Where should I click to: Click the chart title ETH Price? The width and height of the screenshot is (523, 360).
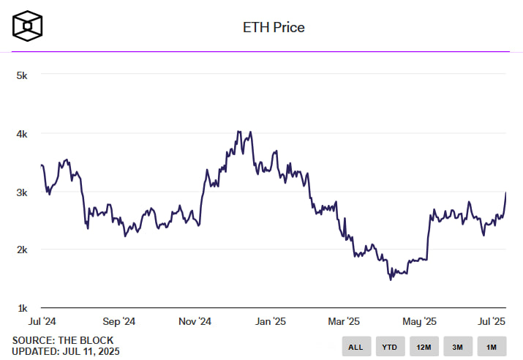coord(274,28)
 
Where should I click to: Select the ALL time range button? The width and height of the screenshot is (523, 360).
coord(356,346)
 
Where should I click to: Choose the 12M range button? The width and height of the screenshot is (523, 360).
coord(424,346)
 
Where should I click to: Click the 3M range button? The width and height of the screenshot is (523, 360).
coord(457,346)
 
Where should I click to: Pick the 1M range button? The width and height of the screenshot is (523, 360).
coord(492,346)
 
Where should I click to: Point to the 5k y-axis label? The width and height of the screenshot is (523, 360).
coord(22,75)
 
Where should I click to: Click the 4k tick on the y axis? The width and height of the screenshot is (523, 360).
coord(22,134)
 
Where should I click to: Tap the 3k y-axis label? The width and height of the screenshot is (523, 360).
coord(22,192)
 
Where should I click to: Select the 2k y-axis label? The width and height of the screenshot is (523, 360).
coord(22,250)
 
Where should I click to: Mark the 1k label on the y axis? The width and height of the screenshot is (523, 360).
coord(22,308)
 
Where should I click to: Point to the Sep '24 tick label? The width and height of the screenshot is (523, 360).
coord(118,321)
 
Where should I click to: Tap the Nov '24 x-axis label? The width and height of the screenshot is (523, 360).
coord(195,321)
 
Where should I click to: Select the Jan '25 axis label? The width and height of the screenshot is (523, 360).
coord(271,321)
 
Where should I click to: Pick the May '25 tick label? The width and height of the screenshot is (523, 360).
coord(420,321)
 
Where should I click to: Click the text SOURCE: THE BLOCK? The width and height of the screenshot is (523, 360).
coord(63,340)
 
